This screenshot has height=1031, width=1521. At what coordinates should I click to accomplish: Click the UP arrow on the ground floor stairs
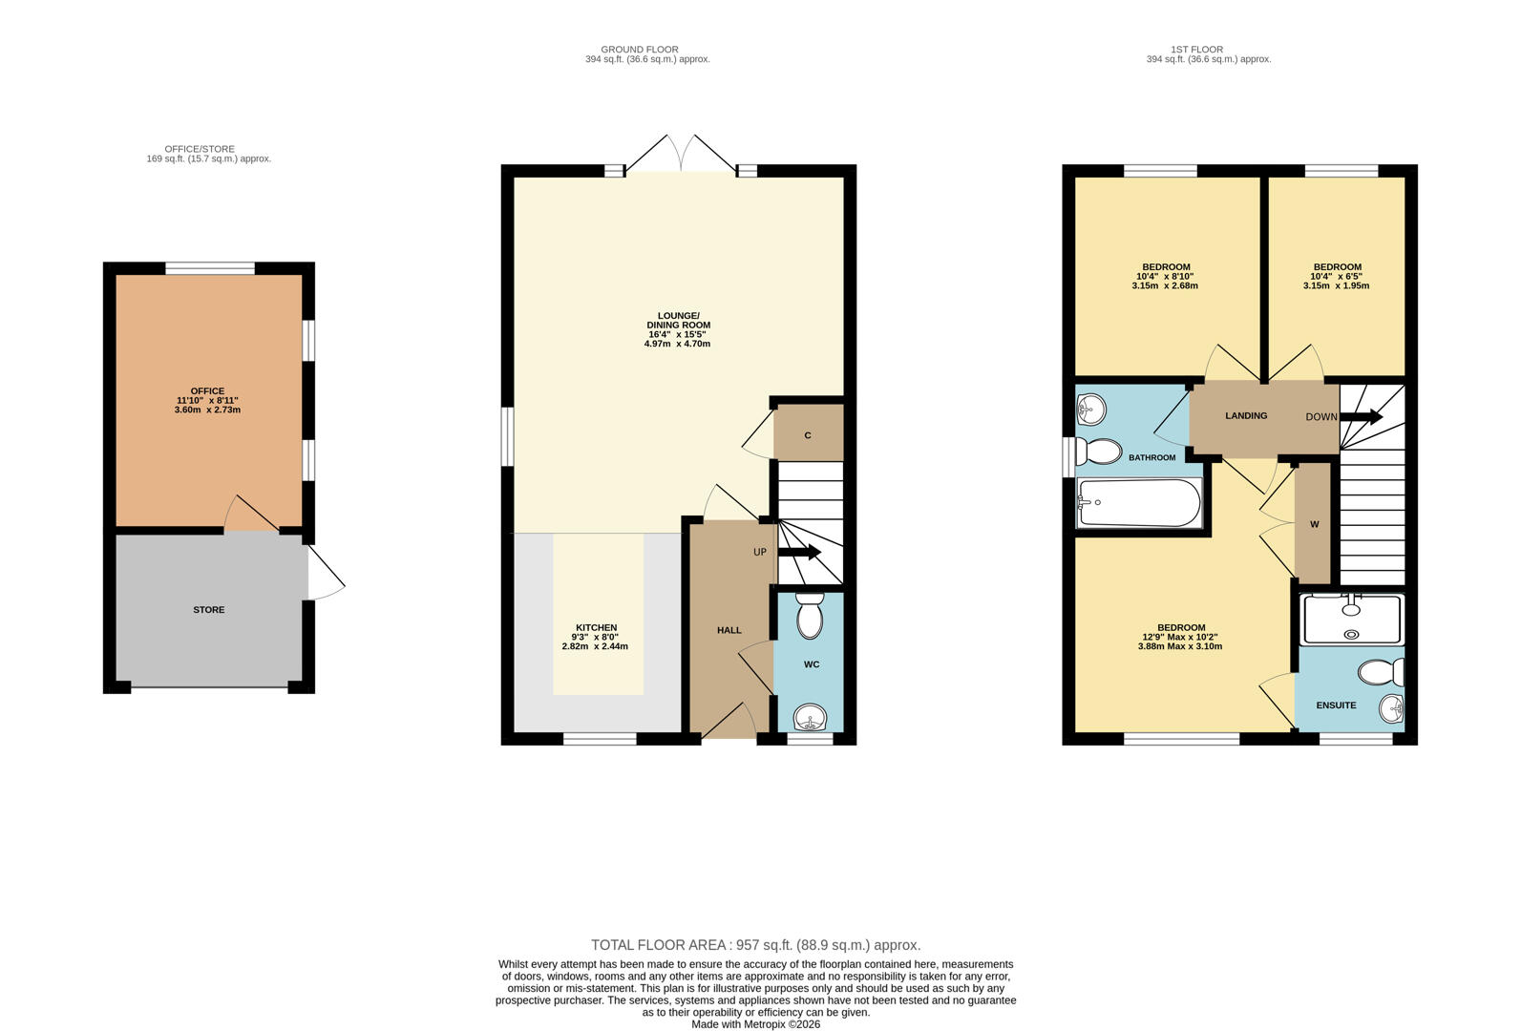pyautogui.click(x=800, y=552)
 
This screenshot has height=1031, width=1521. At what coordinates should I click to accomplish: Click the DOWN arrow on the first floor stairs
pyautogui.click(x=1362, y=416)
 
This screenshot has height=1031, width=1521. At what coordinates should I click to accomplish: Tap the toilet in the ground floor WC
pyautogui.click(x=810, y=616)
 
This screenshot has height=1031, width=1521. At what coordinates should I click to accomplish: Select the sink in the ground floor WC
pyautogui.click(x=811, y=716)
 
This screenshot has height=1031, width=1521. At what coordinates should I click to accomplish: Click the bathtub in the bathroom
pyautogui.click(x=1138, y=502)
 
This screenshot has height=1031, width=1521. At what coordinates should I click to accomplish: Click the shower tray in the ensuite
pyautogui.click(x=1352, y=619)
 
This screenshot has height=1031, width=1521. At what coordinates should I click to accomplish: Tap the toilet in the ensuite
pyautogui.click(x=1381, y=673)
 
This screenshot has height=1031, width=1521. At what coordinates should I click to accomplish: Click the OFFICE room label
pyautogui.click(x=207, y=391)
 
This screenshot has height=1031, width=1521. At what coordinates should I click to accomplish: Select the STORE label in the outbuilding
pyautogui.click(x=209, y=610)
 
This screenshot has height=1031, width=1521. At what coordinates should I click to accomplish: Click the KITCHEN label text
pyautogui.click(x=596, y=628)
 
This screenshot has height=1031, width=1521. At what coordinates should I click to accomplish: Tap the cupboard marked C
pyautogui.click(x=808, y=435)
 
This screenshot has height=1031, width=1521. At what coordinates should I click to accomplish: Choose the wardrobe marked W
pyautogui.click(x=1314, y=524)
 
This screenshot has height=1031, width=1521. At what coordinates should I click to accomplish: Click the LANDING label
pyautogui.click(x=1246, y=415)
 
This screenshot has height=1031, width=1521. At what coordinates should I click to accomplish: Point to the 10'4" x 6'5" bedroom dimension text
pyautogui.click(x=1337, y=277)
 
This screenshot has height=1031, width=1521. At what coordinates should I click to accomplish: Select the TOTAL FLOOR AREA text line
pyautogui.click(x=755, y=945)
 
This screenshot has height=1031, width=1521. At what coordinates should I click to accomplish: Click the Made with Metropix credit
pyautogui.click(x=755, y=1024)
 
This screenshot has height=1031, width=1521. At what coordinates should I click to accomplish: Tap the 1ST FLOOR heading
pyautogui.click(x=1196, y=50)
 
